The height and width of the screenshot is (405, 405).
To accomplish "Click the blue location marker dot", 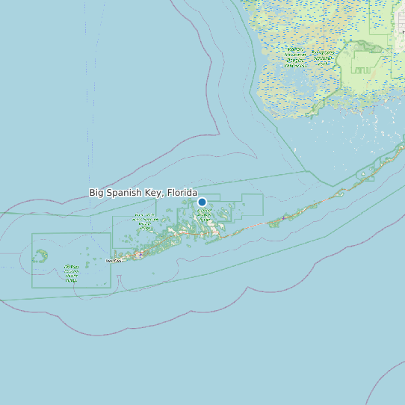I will [x=202, y=202].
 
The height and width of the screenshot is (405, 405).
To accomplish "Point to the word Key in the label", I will [x=156, y=193].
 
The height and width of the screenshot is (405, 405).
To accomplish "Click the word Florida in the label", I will [x=182, y=193].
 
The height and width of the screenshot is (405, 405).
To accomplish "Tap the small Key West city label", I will [x=114, y=261].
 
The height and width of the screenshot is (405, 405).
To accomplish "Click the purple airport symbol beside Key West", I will [x=139, y=255].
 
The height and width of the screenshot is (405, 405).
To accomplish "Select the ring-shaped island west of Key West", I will [x=40, y=256].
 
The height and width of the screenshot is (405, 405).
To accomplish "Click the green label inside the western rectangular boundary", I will [x=71, y=274].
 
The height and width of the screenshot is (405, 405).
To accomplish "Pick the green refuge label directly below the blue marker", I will [x=203, y=217].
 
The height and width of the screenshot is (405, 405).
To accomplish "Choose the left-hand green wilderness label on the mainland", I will [x=294, y=58].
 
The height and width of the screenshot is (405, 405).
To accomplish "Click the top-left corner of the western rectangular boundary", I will [x=32, y=234].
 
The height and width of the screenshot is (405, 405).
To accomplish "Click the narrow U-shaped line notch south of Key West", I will [x=120, y=282].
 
